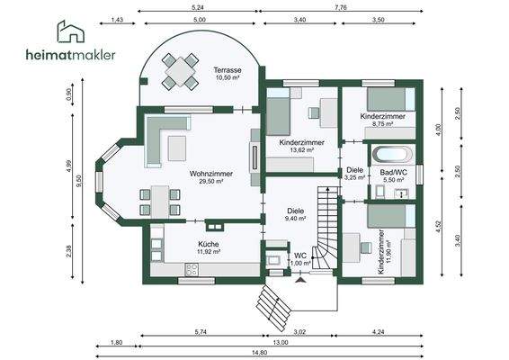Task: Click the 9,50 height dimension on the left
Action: pos(79,179)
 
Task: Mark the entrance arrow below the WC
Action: pos(300,280)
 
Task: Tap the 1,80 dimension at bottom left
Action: pos(117,343)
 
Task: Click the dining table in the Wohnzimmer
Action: pos(159,196)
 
